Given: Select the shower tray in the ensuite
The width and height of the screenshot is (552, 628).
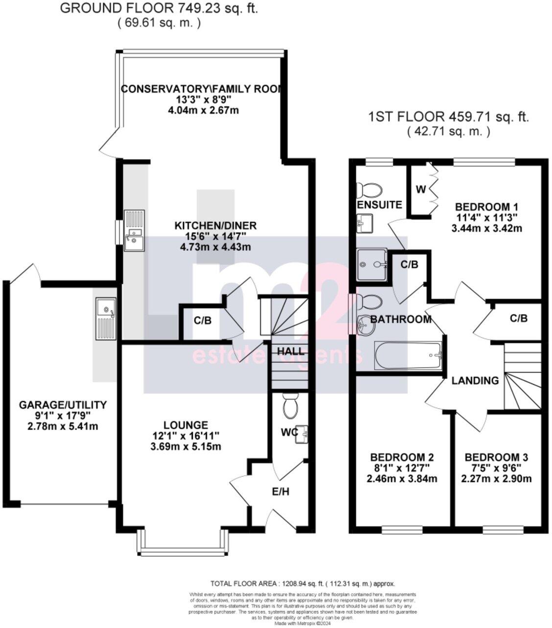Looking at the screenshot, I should click(x=372, y=265).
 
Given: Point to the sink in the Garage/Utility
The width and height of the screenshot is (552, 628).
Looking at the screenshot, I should click(x=105, y=318).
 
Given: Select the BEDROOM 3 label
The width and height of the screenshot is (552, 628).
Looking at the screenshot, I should click(x=496, y=457).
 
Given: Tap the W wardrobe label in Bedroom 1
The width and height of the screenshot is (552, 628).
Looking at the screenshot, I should click(x=420, y=189).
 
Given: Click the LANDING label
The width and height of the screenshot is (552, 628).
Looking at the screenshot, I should click(x=475, y=380).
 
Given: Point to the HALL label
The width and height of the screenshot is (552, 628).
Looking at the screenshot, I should click(x=291, y=351).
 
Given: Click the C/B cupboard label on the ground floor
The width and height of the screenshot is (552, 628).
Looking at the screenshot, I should click(x=203, y=321).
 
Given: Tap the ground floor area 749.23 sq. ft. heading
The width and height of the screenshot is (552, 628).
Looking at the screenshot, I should click(x=159, y=8).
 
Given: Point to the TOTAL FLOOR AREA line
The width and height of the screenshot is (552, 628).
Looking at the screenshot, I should click(x=302, y=583).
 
